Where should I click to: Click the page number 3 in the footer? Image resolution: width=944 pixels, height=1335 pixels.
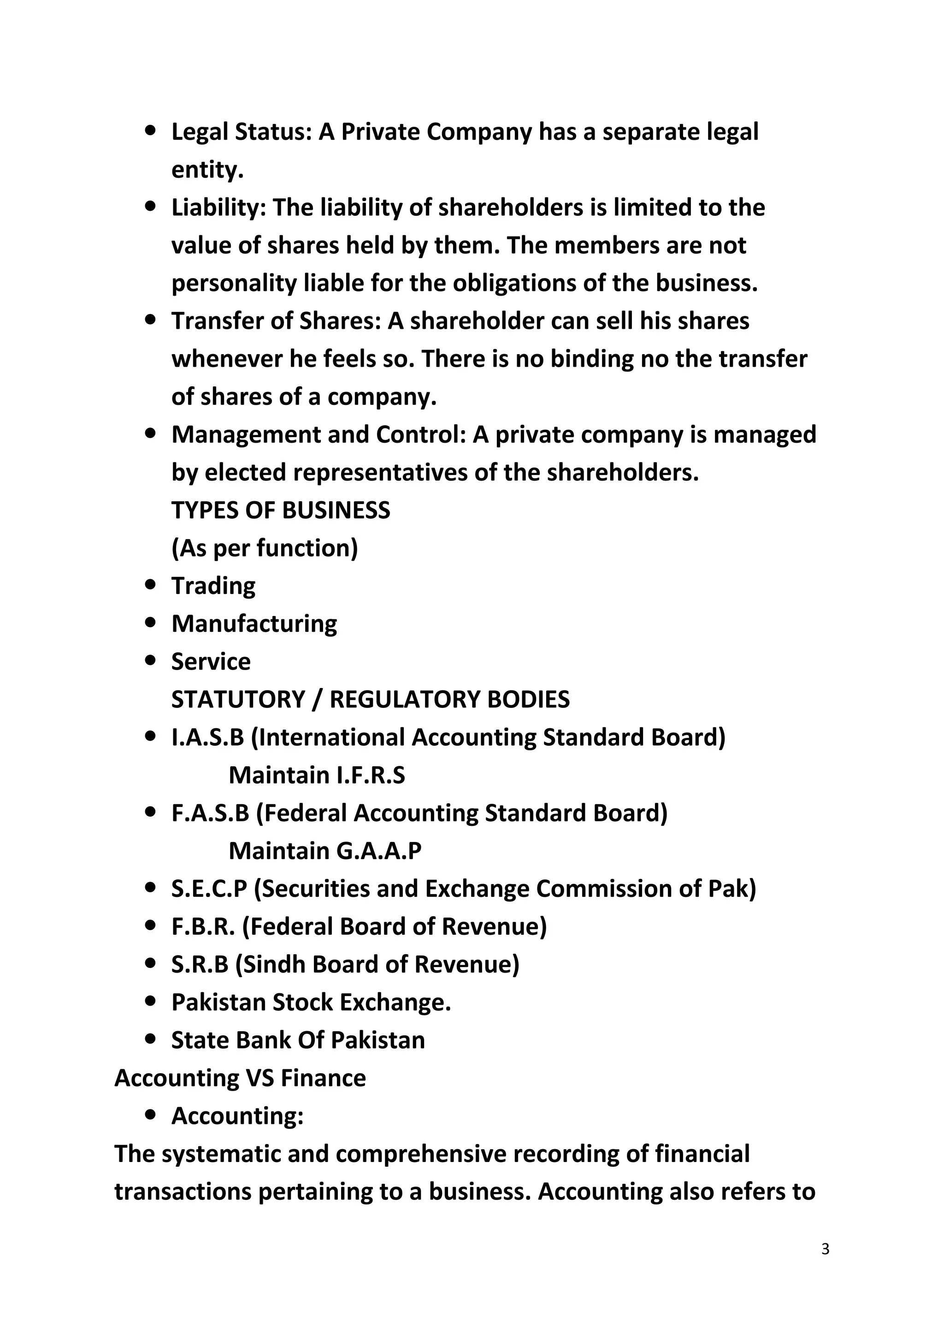pos(826,1249)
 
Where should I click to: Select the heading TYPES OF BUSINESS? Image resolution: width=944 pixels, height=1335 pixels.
pos(281,510)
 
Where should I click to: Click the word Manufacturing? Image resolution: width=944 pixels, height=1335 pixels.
pos(254,624)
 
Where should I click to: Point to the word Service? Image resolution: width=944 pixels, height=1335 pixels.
pos(211,662)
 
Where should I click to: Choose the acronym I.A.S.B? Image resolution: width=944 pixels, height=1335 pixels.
pos(207,737)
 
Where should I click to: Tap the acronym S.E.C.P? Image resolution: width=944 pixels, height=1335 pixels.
pos(209,889)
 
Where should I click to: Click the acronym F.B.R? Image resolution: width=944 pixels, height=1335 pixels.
pos(203,926)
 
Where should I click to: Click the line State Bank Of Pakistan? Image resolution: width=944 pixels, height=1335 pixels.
pos(298,1040)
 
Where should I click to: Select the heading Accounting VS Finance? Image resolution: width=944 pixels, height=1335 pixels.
pos(240,1078)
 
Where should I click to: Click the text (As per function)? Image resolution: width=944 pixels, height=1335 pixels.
pos(265,548)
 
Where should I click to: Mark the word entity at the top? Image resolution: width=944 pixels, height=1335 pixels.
pos(207,170)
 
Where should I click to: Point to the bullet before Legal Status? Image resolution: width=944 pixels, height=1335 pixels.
pos(151,131)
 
